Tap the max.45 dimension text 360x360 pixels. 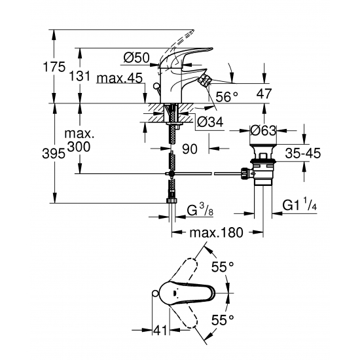pyautogui.click(x=119, y=79)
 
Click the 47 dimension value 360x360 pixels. pyautogui.click(x=264, y=94)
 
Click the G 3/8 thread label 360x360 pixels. pyautogui.click(x=200, y=209)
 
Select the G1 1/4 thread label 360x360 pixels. pyautogui.click(x=300, y=205)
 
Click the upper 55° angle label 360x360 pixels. pyautogui.click(x=223, y=266)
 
